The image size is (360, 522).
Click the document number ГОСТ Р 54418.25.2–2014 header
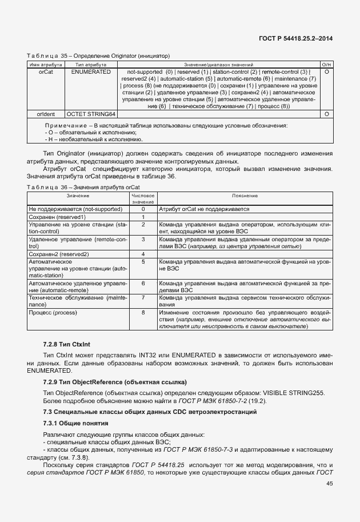[x=297, y=38]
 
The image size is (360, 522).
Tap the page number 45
[x=330, y=484]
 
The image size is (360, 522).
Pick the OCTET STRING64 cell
[x=91, y=114]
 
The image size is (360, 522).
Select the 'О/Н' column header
[x=326, y=65]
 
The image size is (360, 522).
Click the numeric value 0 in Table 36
[x=143, y=209]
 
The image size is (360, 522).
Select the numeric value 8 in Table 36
[x=143, y=312]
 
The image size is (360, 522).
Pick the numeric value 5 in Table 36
[x=143, y=261]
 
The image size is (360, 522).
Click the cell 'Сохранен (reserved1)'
[x=57, y=217]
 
